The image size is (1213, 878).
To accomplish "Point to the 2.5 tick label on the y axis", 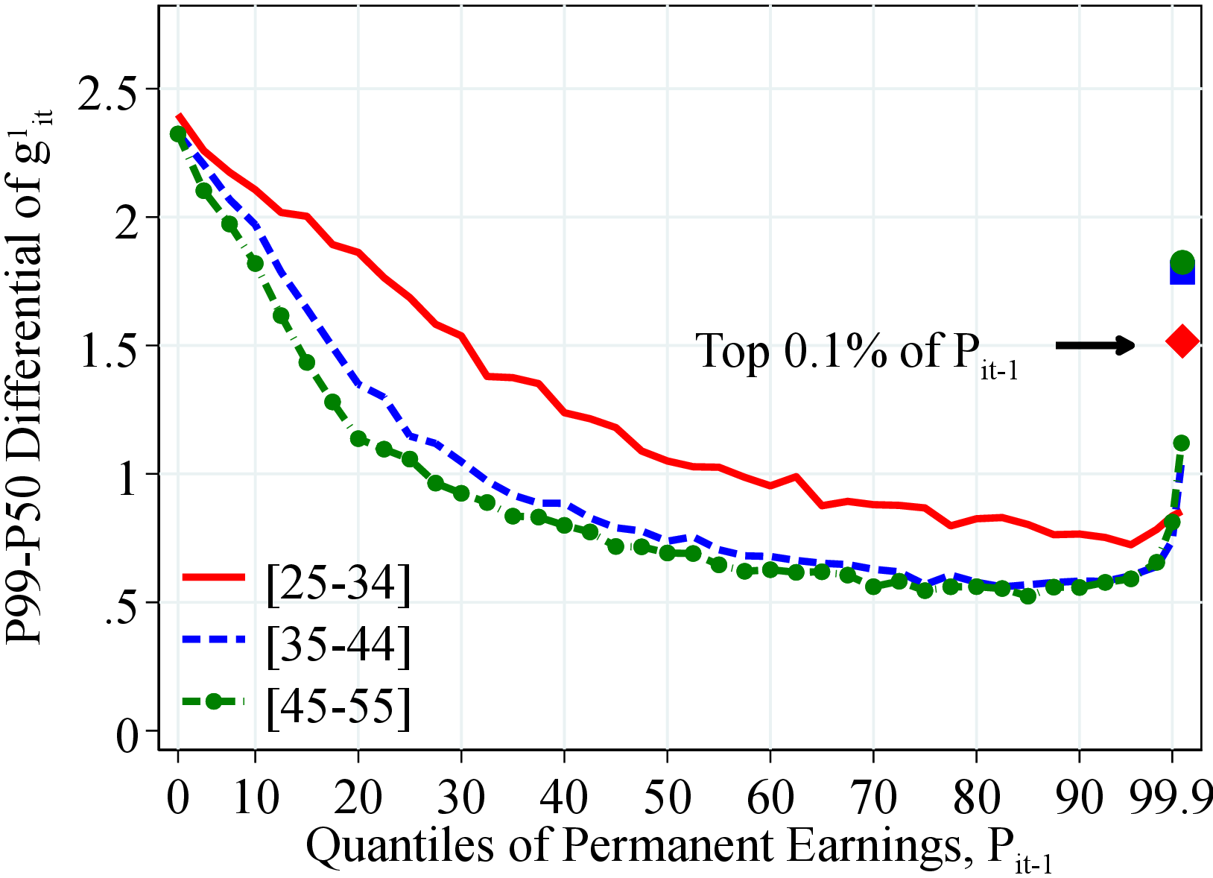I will [116, 89].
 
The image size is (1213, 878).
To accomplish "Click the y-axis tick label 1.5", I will [116, 347].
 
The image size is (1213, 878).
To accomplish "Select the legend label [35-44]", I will [338, 643].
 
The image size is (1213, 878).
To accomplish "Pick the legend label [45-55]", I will [338, 704].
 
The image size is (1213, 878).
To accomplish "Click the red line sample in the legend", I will [213, 577].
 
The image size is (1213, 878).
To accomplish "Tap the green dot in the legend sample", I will [214, 701].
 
